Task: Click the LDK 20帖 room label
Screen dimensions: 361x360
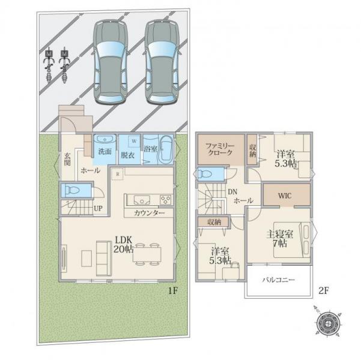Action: click(123, 245)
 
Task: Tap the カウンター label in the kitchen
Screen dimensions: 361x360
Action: click(149, 213)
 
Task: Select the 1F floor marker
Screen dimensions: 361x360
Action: click(172, 291)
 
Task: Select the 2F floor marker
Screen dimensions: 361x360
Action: click(323, 291)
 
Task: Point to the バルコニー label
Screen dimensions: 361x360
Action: click(279, 280)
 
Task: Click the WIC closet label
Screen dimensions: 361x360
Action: click(285, 196)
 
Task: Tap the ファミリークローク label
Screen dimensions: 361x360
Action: click(220, 149)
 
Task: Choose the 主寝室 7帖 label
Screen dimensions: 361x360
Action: click(279, 239)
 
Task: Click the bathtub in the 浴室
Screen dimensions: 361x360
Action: click(166, 149)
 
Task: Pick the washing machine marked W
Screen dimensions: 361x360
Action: click(134, 141)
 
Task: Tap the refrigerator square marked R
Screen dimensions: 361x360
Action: click(117, 174)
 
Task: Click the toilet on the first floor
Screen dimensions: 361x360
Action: click(71, 190)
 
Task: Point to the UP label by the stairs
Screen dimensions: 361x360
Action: click(98, 208)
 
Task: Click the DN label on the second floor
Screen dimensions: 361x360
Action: click(232, 192)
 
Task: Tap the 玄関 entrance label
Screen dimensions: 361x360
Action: click(67, 159)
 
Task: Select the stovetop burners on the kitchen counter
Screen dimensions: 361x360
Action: click(166, 199)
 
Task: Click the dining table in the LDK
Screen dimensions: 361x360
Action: click(147, 254)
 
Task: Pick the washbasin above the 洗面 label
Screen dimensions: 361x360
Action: click(105, 139)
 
